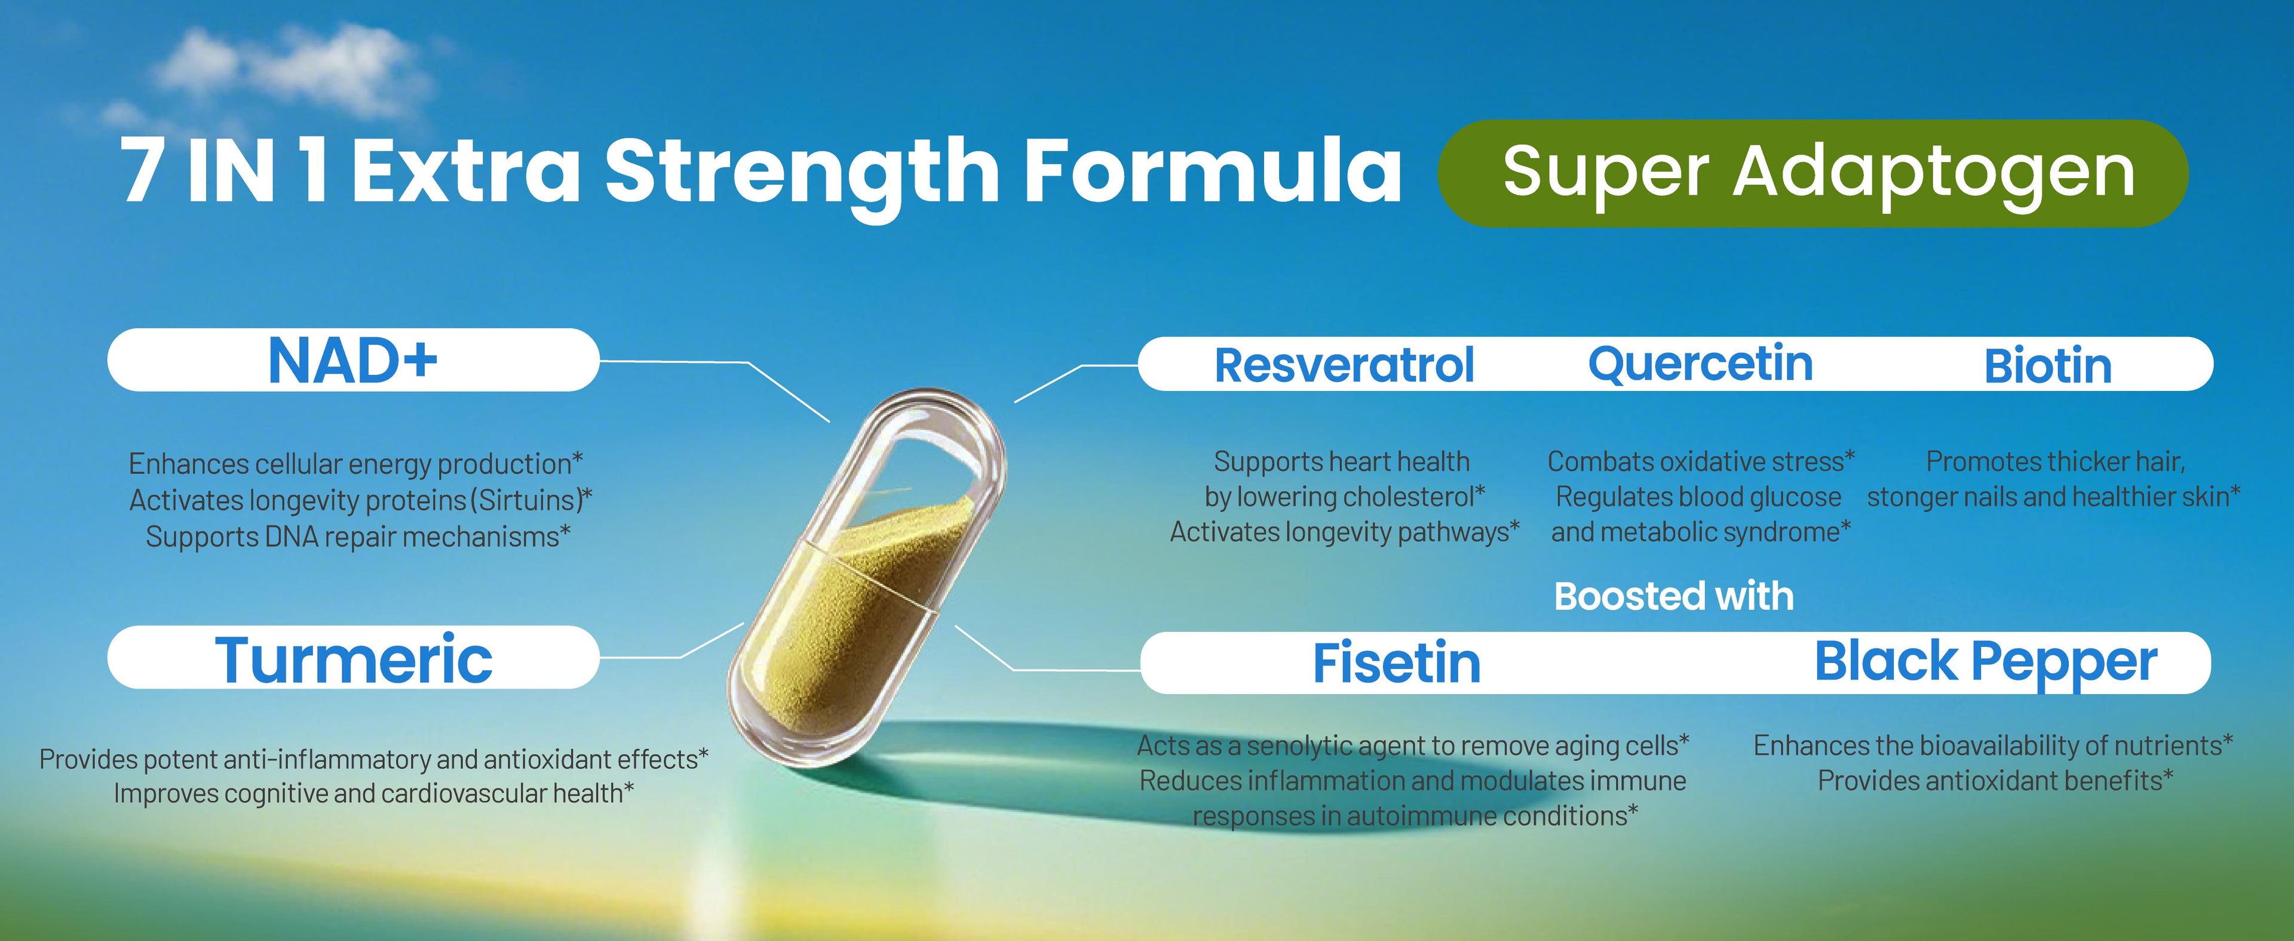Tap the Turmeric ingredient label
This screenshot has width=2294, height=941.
(x=354, y=659)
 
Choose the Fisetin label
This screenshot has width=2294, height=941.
(x=1396, y=663)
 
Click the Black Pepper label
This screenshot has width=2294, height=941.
(x=1986, y=662)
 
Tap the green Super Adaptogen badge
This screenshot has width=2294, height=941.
(x=1813, y=173)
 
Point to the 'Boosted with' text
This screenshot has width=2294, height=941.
(x=1673, y=596)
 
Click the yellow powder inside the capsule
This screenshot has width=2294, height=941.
(x=846, y=615)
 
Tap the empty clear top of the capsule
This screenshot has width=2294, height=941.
(x=926, y=463)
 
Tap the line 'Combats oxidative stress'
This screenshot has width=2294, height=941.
(x=1701, y=462)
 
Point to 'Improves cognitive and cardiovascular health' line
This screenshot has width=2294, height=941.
(x=373, y=793)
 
